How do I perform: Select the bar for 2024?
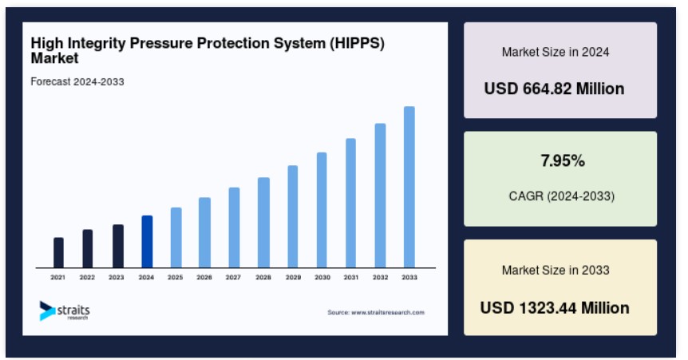(x=147, y=241)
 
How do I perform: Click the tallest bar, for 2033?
(x=409, y=187)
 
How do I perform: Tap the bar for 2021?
(x=58, y=252)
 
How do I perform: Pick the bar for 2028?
(x=263, y=223)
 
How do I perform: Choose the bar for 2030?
(x=322, y=210)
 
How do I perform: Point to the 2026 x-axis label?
(x=204, y=278)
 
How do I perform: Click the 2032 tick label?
(x=380, y=278)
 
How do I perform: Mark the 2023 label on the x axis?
(x=117, y=278)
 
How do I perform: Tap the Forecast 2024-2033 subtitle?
(x=77, y=81)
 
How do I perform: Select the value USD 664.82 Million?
(x=554, y=89)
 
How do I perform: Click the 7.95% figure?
(x=563, y=160)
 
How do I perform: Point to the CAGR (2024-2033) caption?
(x=562, y=196)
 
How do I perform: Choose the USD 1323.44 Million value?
(x=555, y=308)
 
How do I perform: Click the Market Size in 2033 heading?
(x=556, y=270)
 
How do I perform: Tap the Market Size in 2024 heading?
(x=556, y=52)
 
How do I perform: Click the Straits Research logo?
(x=65, y=311)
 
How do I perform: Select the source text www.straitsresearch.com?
(x=388, y=313)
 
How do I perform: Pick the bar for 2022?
(x=87, y=248)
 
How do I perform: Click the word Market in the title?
(x=54, y=58)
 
